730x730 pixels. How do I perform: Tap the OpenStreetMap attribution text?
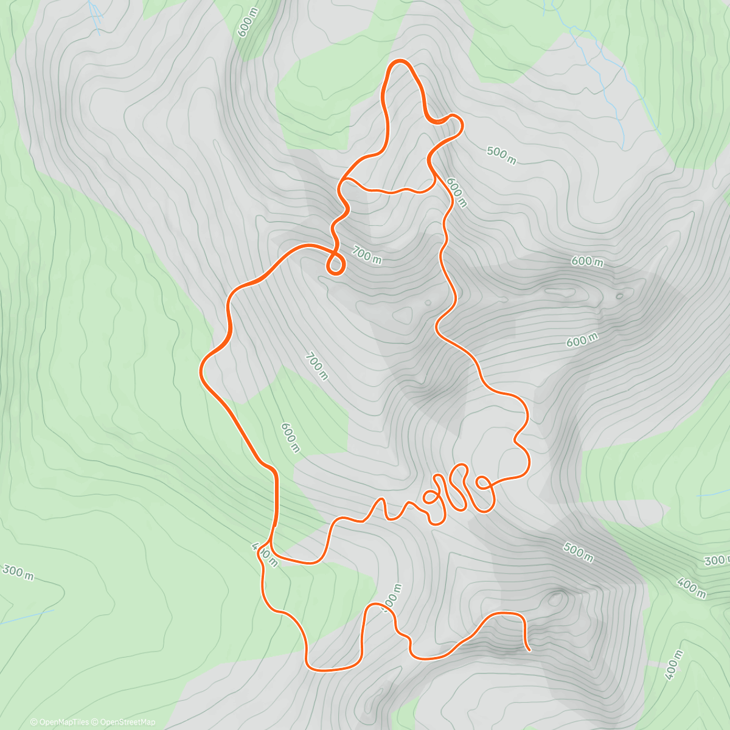coord(127,722)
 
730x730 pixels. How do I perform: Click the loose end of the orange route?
coord(528,649)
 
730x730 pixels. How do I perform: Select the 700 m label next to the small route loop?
coord(367,255)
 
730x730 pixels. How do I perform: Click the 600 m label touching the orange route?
coord(456,192)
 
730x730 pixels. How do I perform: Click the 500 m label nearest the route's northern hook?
coord(501,156)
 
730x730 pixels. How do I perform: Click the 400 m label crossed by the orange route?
coord(265,554)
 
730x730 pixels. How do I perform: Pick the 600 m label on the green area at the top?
coord(248,23)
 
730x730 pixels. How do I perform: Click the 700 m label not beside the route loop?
coord(316,367)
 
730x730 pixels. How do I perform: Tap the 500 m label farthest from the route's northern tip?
coord(578,552)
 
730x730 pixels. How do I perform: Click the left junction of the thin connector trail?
coord(344,180)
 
